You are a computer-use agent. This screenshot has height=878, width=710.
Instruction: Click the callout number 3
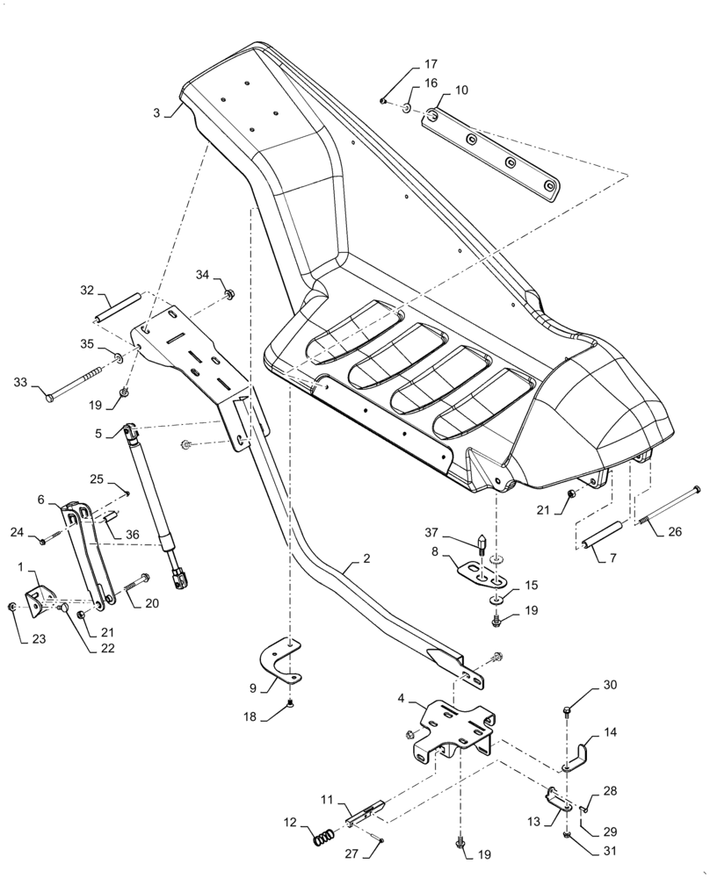coord(156,112)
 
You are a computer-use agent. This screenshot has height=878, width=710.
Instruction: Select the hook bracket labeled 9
coord(281,664)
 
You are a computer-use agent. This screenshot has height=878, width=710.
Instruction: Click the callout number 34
coord(203,275)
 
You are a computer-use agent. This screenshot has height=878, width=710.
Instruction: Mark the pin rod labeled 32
coord(119,306)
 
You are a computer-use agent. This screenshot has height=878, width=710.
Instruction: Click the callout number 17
coord(431,64)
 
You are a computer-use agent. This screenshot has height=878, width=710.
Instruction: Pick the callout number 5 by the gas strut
coord(99,433)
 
